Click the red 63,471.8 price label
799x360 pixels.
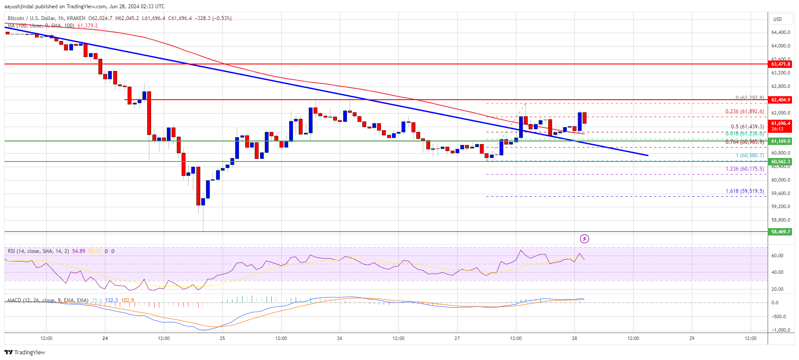pos(780,64)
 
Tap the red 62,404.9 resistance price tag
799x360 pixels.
pos(780,100)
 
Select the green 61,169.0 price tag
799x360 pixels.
pos(780,141)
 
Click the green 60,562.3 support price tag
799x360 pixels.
pos(780,161)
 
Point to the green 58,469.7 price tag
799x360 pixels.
pos(780,232)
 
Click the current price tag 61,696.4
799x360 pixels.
pos(780,124)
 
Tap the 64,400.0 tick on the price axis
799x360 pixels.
pos(780,32)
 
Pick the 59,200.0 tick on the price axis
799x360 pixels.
pos(780,206)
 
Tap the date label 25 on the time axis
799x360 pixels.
pos(223,338)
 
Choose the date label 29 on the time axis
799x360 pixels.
pos(692,338)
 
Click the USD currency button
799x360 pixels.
pos(777,19)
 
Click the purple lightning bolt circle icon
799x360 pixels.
pos(584,239)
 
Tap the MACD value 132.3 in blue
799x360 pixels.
pos(111,300)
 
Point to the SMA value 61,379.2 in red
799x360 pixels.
pos(88,26)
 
